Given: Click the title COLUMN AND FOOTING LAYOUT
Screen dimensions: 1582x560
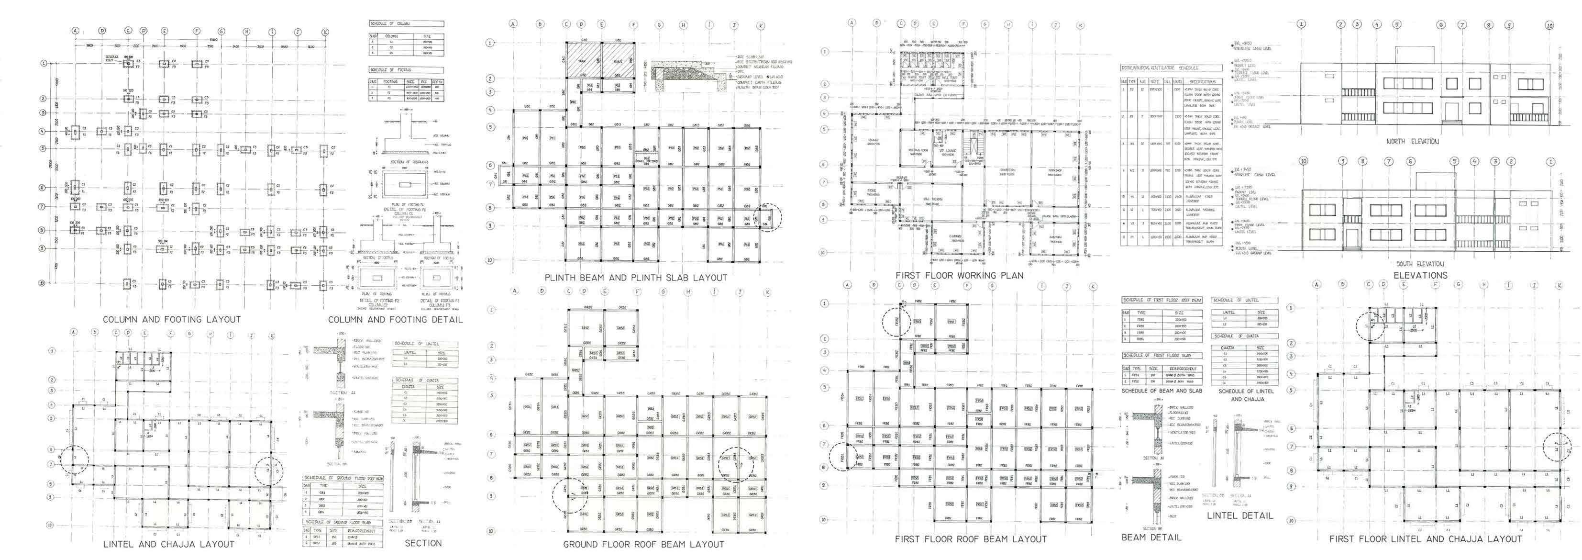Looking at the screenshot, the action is [x=171, y=319].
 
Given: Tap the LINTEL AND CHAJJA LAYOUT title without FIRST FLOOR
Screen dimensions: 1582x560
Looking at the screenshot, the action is [x=168, y=544].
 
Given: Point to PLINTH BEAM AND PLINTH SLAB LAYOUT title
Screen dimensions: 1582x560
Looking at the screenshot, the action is [x=636, y=278].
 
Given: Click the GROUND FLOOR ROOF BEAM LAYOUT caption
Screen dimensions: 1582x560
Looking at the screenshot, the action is [x=643, y=544].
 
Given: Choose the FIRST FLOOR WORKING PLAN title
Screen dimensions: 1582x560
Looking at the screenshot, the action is [x=959, y=275].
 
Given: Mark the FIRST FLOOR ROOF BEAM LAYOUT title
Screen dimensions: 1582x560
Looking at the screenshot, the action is [x=970, y=539].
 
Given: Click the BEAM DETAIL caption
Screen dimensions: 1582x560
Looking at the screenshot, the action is [x=1151, y=537].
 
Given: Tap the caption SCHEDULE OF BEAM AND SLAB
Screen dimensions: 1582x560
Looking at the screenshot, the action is [x=1162, y=391].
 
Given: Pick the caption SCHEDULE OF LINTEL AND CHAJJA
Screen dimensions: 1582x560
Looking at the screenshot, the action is [x=1246, y=395].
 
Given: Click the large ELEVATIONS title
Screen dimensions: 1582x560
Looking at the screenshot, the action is [x=1420, y=275].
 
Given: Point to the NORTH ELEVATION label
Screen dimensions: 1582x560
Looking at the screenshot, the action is [x=1412, y=141].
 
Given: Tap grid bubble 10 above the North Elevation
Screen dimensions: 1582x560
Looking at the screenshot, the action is [x=1549, y=26].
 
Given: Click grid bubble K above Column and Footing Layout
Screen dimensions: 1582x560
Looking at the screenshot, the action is [x=325, y=32].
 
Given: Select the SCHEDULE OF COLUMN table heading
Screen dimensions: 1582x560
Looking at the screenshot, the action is [x=389, y=23].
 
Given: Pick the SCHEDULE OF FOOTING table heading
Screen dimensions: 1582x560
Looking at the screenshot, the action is [x=390, y=70].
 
